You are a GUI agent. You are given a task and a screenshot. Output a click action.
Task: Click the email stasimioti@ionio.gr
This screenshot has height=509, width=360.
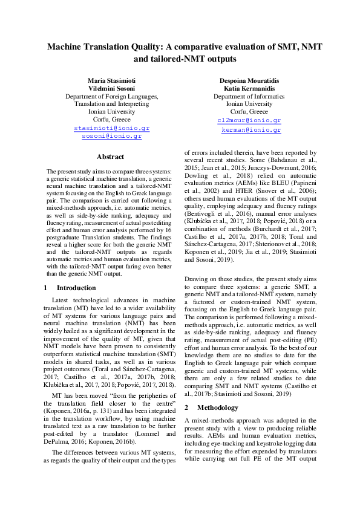pos(111,129)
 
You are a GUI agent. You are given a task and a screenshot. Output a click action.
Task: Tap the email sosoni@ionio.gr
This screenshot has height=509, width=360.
pos(111,137)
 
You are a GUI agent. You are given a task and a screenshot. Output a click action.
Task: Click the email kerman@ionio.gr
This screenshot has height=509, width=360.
pos(250,130)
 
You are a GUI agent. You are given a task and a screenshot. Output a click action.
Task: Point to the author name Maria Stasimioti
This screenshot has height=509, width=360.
pos(112,80)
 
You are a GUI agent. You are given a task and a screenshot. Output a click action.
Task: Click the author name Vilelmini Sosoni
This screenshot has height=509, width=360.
pos(112,88)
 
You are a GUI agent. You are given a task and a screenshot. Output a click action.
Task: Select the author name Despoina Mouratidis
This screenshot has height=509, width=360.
pos(249,80)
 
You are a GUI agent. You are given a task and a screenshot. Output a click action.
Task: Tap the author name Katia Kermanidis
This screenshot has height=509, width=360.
pos(249,88)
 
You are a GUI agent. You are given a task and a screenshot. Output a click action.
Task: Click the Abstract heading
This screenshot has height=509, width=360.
pos(110,157)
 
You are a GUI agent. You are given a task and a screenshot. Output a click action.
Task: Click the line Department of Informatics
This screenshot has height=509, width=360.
pos(249,96)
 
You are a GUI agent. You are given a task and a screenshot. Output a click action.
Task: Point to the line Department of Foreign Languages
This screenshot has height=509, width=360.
pos(112,96)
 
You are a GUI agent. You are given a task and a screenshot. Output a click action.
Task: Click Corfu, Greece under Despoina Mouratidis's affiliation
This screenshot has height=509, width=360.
pos(249,112)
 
